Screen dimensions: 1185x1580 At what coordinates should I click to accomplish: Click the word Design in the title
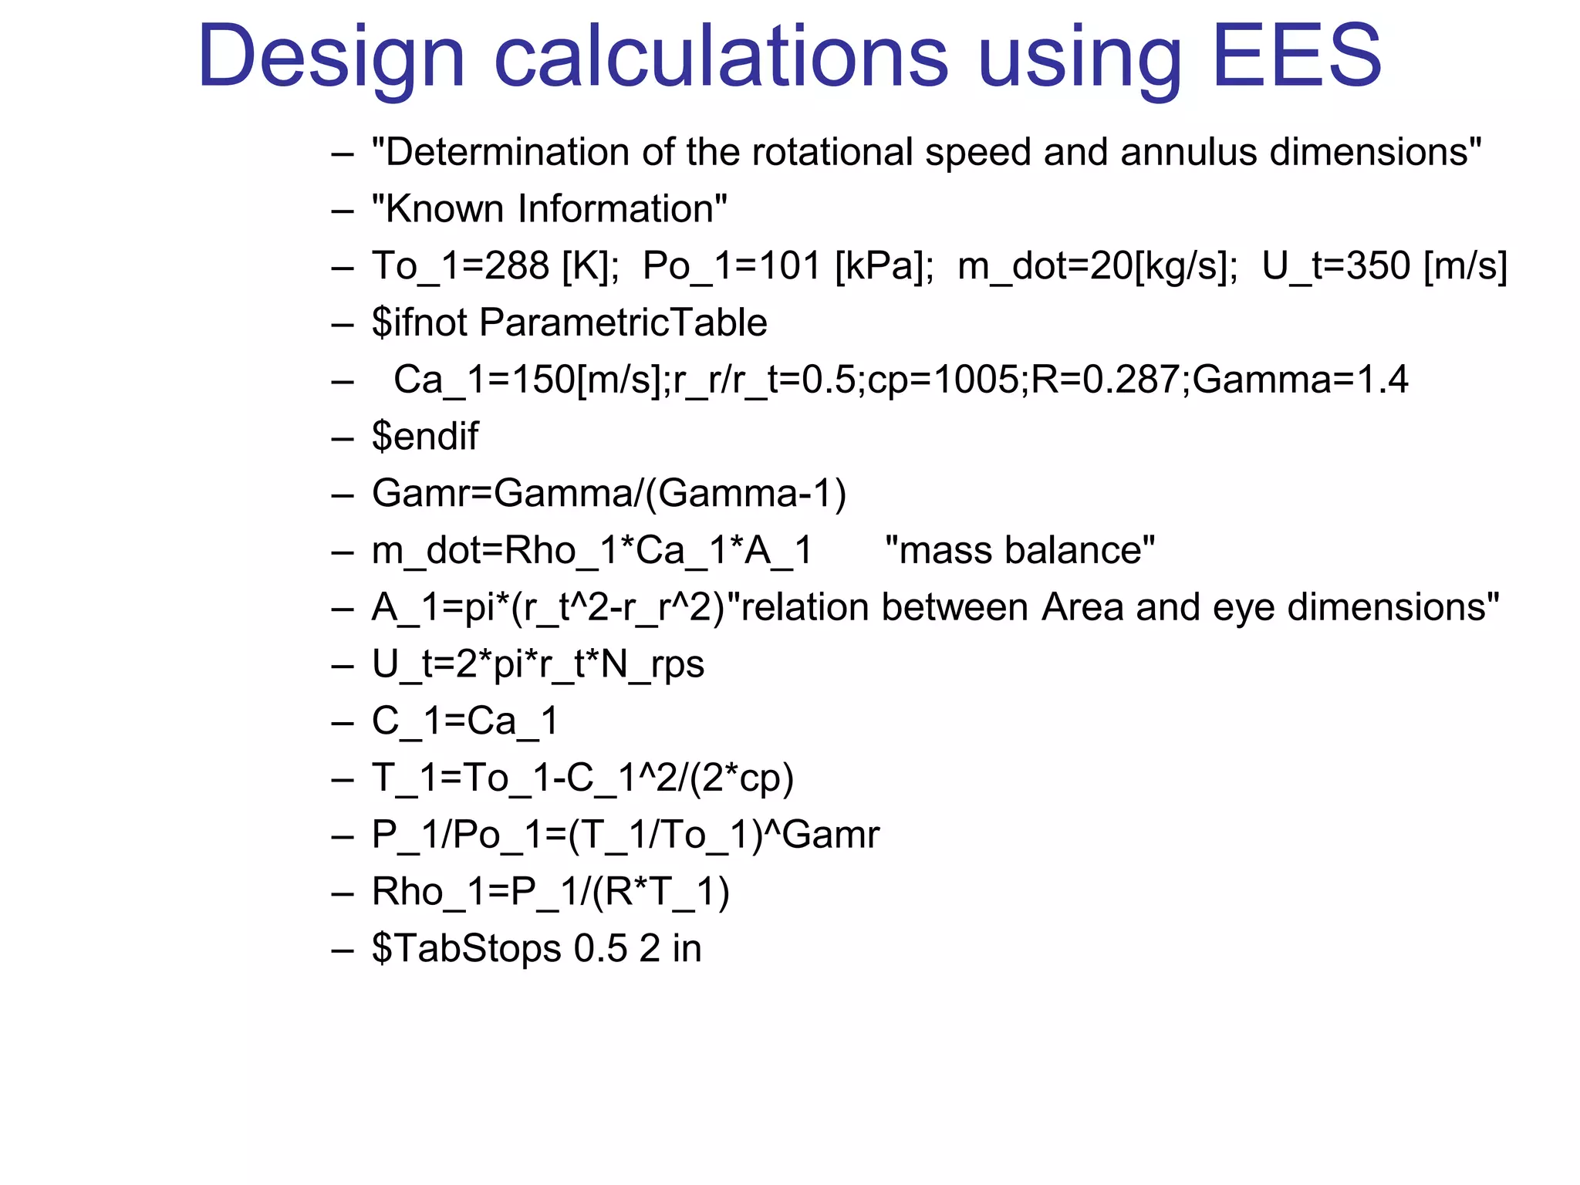point(332,59)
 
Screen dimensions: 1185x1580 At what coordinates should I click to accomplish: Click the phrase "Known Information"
point(549,209)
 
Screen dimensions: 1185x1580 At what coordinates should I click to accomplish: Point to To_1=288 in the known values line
point(461,266)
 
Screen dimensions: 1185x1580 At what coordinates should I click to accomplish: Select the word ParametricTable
point(623,322)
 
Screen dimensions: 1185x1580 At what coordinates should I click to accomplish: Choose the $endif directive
point(425,437)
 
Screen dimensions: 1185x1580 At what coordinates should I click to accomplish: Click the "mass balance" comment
point(1020,551)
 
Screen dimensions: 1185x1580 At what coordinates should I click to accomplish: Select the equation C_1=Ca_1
point(465,721)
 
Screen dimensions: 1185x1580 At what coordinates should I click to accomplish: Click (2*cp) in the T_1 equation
point(741,778)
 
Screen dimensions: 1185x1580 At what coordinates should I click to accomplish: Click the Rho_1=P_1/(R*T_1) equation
point(550,892)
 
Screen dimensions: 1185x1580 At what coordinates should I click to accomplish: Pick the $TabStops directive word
point(466,949)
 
